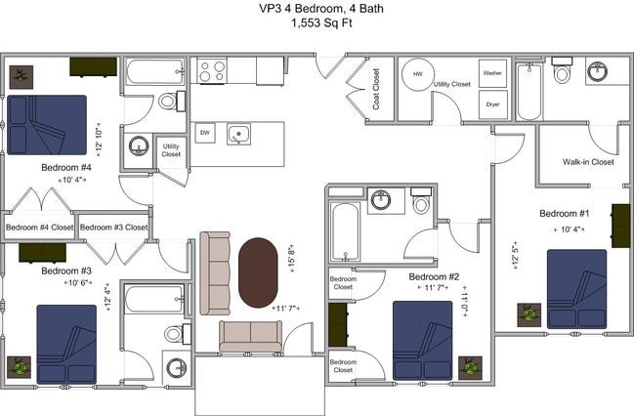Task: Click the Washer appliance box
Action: [x=492, y=73]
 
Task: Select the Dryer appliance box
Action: [x=492, y=103]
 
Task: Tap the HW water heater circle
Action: [x=418, y=75]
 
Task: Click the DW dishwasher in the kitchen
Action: [x=205, y=133]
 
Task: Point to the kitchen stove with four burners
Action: [x=212, y=70]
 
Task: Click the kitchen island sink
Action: [x=237, y=135]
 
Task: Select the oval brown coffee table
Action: [x=259, y=271]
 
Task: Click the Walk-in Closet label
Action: [x=588, y=162]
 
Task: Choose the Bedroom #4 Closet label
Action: [x=39, y=228]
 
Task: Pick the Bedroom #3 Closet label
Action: [x=113, y=228]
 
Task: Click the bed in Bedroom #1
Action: [x=576, y=289]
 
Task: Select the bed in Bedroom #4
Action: [x=46, y=125]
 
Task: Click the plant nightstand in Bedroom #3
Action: [x=20, y=368]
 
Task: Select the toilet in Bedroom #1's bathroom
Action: [x=562, y=73]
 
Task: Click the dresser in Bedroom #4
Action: [x=93, y=66]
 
